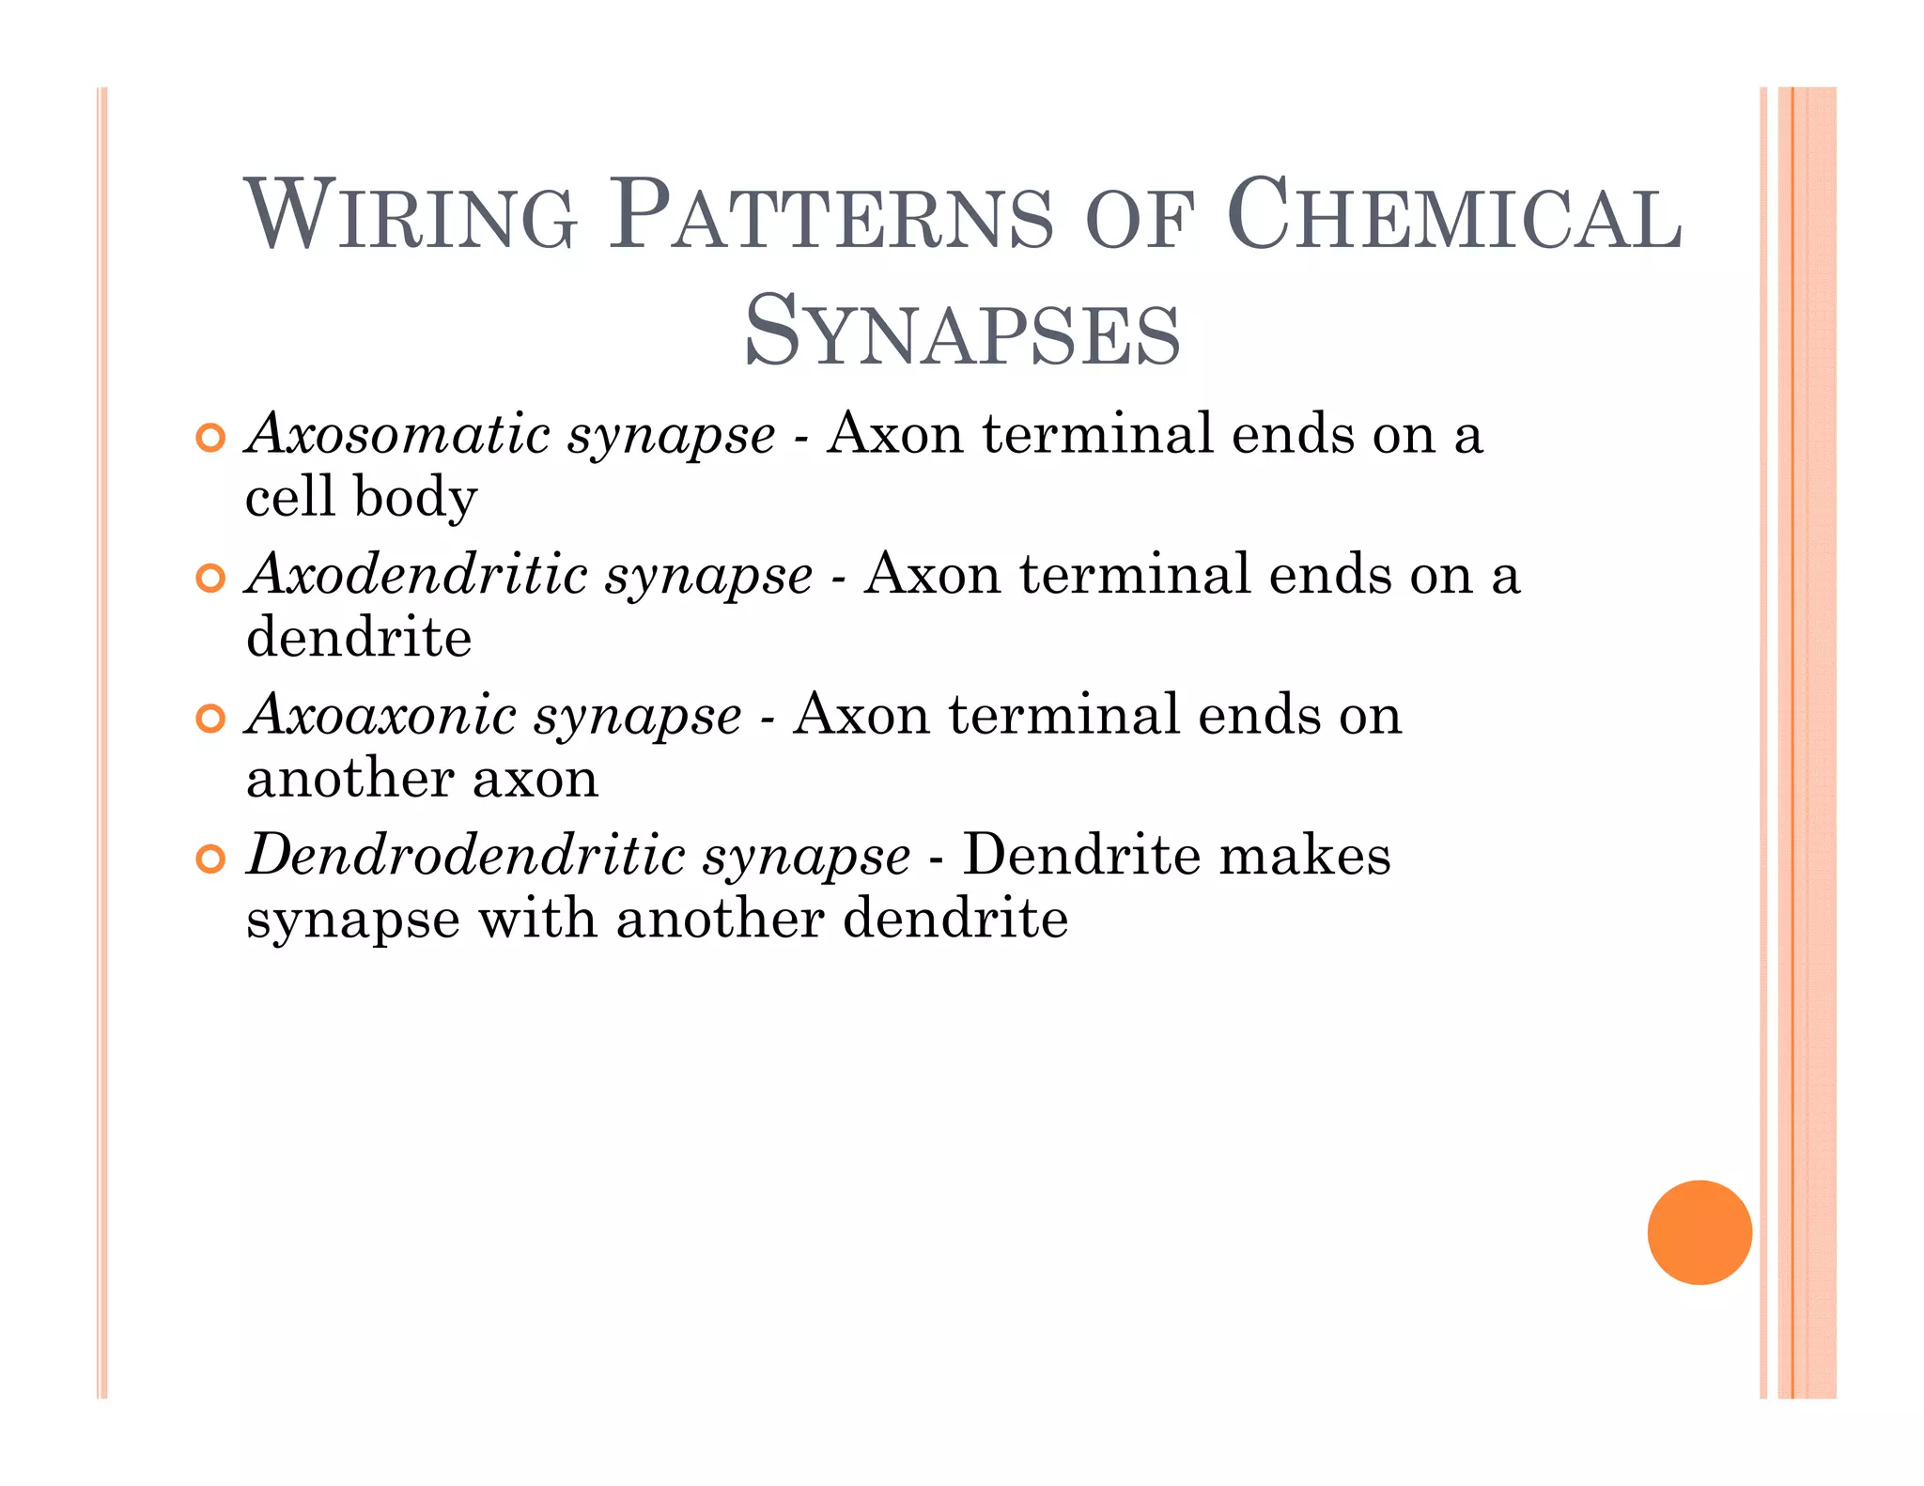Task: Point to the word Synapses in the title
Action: [x=962, y=331]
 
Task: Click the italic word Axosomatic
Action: [x=398, y=434]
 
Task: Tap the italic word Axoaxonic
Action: [x=381, y=714]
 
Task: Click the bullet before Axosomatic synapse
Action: [x=211, y=438]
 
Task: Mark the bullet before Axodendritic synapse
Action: [x=211, y=579]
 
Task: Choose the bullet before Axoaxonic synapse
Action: [x=211, y=719]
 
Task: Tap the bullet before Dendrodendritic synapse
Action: [x=211, y=859]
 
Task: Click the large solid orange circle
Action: [x=1699, y=1231]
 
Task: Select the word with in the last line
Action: [x=537, y=918]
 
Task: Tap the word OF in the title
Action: [x=1139, y=222]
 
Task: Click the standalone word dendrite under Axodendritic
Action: [x=359, y=637]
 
